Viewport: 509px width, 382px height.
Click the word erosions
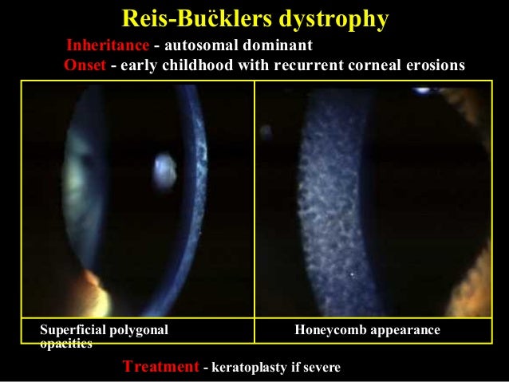[x=435, y=65]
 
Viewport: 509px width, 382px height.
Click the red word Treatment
[x=160, y=367]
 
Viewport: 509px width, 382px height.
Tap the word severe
[x=322, y=368]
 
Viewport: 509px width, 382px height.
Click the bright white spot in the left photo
[x=165, y=167]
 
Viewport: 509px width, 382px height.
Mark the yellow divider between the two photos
[x=254, y=199]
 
